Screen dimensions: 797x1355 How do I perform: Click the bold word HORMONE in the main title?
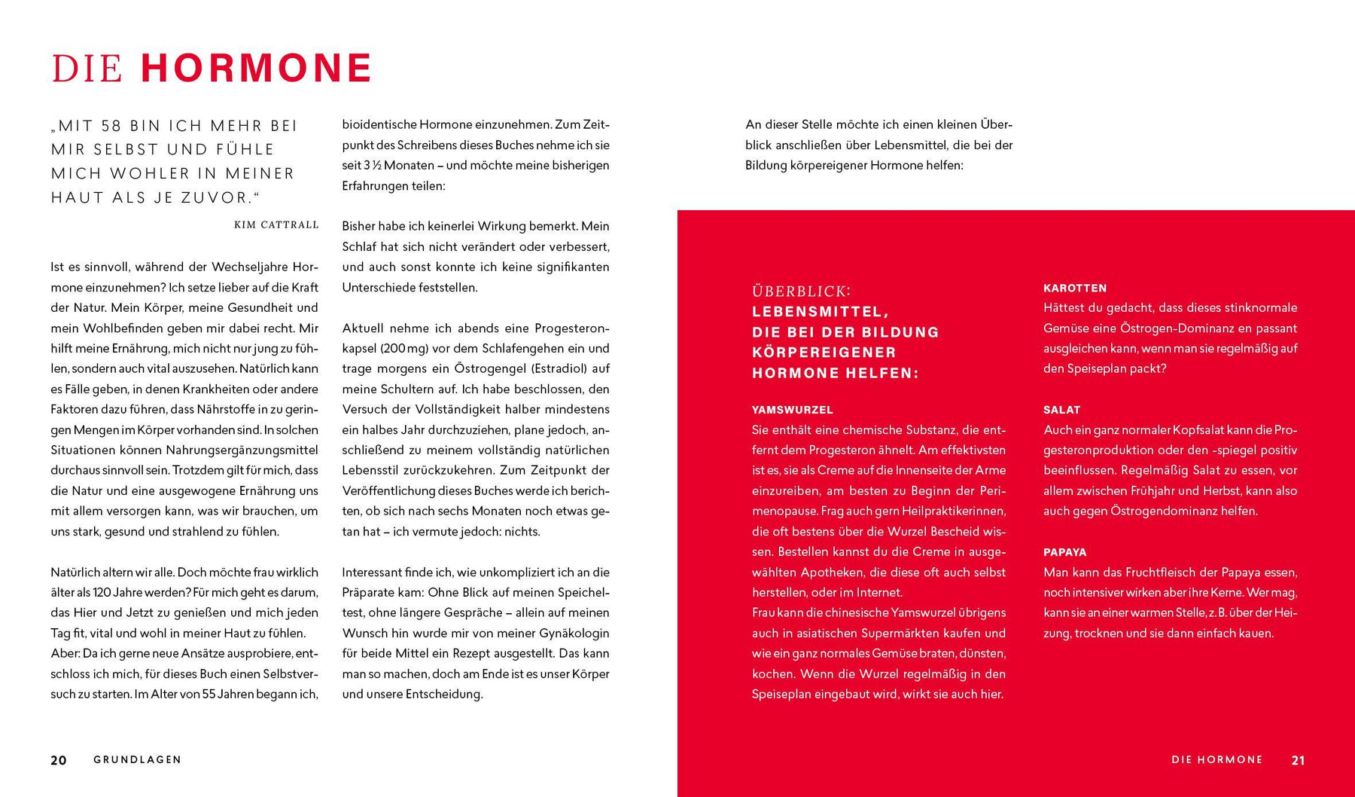256,68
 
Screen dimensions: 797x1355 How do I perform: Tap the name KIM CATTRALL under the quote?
276,224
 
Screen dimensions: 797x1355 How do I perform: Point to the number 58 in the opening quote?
111,126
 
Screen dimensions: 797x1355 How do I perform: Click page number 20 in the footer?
59,760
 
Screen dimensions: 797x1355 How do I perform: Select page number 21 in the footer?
1298,760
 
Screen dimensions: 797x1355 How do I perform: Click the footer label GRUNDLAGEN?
138,759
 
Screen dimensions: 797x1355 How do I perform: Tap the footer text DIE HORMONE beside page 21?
1216,759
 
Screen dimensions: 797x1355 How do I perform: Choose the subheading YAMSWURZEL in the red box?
792,410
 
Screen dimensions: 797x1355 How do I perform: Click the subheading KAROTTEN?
1075,288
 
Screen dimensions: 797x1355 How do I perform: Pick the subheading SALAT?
1061,410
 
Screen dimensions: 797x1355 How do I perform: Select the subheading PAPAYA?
1064,552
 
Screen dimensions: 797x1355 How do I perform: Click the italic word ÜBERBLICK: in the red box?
801,291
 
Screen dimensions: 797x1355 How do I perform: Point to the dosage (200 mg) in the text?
405,348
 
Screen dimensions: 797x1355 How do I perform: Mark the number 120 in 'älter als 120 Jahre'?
103,592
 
